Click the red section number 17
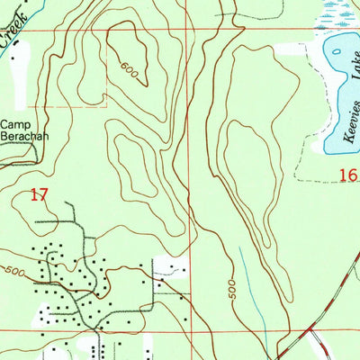[38, 193]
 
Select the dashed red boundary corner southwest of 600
[106, 106]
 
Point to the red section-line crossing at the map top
[190, 30]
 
